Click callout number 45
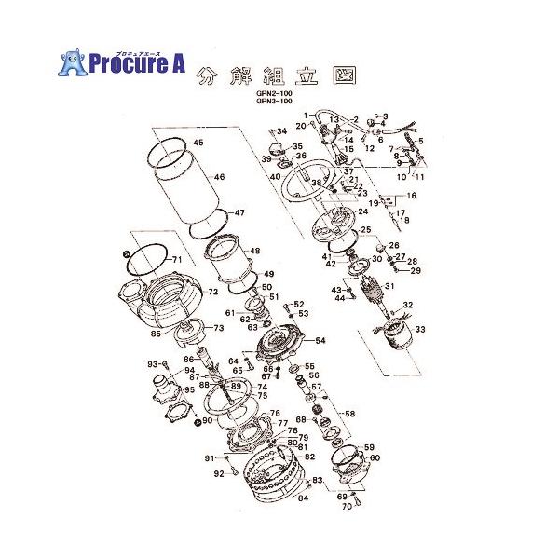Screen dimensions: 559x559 pos(198,143)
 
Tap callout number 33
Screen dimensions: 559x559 pos(420,329)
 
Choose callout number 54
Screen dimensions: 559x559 pos(320,341)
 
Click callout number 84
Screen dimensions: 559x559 pos(303,498)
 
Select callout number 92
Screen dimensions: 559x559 pos(219,474)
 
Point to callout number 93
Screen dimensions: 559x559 pos(153,363)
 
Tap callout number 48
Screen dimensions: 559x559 pos(255,252)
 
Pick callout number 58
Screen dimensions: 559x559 pos(350,414)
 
